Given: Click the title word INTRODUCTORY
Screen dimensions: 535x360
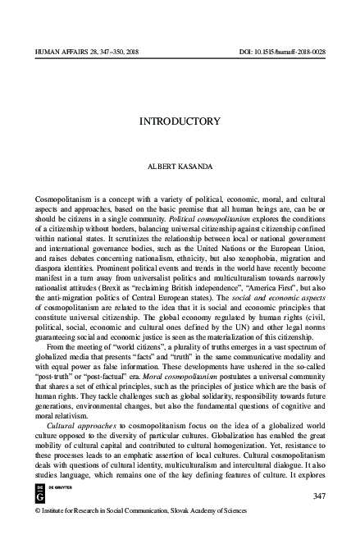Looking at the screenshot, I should click(180, 121).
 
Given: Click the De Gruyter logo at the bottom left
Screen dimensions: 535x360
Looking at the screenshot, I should click(41, 492).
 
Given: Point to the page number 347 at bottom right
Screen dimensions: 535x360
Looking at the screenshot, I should click(321, 497).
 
